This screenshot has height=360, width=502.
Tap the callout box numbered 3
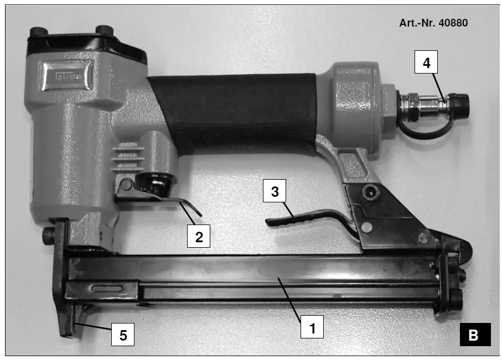[275, 191]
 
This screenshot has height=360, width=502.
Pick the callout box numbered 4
[426, 63]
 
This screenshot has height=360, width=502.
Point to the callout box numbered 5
[122, 335]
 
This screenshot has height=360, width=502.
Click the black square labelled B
[474, 335]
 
